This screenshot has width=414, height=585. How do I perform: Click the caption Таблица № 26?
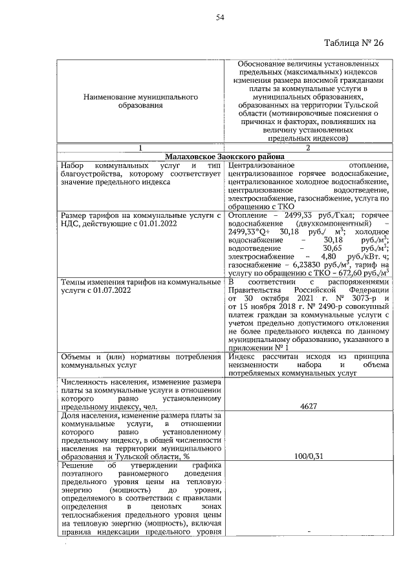pyautogui.click(x=353, y=43)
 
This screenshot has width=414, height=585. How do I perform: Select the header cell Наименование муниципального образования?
pyautogui.click(x=141, y=101)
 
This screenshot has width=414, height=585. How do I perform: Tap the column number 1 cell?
pyautogui.click(x=141, y=148)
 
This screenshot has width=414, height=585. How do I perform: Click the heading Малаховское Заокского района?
pyautogui.click(x=224, y=156)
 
